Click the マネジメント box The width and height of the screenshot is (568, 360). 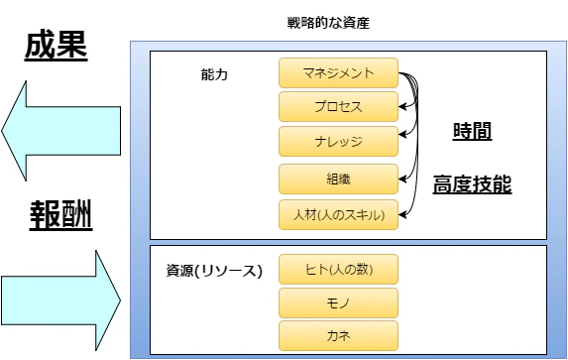click(338, 72)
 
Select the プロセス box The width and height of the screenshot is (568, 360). click(338, 106)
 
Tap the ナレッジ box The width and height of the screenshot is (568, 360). click(338, 141)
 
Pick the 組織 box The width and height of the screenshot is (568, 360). click(338, 179)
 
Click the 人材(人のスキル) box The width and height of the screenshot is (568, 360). click(338, 214)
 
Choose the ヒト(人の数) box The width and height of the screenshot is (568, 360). click(338, 269)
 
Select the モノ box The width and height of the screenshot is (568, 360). click(338, 301)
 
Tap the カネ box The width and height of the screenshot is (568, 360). click(338, 334)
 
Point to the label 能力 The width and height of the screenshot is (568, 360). click(214, 75)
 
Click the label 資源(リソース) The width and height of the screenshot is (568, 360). click(214, 270)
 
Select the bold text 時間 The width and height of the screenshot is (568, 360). click(472, 132)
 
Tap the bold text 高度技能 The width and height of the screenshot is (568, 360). click(472, 184)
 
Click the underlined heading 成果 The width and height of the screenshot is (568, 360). click(57, 46)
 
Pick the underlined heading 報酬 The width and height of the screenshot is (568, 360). click(59, 215)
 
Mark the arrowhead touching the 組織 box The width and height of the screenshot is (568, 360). click(403, 179)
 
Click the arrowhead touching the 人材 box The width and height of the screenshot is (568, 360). click(403, 212)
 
